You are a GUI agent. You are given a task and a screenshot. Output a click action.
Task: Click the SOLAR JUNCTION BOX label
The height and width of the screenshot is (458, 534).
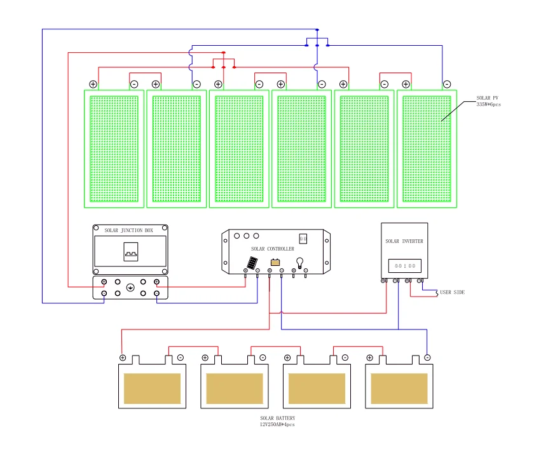(128, 230)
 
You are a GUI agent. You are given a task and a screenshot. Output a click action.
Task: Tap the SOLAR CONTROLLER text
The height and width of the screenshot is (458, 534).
(273, 249)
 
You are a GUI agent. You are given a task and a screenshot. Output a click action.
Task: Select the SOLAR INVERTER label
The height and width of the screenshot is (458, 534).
(404, 241)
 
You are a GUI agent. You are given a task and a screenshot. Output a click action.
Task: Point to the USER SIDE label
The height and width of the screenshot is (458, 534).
(452, 292)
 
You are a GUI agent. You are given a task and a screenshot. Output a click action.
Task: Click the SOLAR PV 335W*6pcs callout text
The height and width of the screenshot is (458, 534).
(488, 101)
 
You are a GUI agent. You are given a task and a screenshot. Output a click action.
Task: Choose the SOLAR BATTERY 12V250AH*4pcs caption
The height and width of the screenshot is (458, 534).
(278, 421)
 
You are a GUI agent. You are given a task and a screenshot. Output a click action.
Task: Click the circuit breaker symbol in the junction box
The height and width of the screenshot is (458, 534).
(131, 252)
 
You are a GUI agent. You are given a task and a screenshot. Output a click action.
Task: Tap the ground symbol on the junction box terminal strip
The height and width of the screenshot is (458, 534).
(130, 288)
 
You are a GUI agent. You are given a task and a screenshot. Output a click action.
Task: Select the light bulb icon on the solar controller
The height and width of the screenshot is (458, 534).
(299, 263)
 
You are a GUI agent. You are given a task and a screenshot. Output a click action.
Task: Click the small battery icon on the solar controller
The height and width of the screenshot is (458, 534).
(275, 262)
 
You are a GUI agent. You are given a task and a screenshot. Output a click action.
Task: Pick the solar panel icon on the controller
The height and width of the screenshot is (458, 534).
(252, 263)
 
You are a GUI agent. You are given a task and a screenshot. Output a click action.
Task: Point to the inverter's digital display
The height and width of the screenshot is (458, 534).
(405, 266)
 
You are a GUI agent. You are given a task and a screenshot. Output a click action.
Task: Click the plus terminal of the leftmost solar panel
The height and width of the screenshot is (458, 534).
(93, 84)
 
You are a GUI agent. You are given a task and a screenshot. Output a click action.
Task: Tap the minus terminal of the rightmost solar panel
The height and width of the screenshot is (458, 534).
(447, 84)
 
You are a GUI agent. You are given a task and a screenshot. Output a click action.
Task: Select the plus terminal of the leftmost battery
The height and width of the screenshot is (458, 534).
(123, 357)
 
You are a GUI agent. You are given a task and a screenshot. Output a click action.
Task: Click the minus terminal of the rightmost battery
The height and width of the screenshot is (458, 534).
(427, 357)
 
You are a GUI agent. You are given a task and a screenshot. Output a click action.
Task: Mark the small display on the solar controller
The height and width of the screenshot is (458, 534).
(303, 239)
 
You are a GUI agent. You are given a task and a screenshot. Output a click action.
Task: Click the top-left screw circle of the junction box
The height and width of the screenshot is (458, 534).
(96, 228)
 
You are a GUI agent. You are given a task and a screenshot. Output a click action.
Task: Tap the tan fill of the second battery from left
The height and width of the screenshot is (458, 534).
(235, 389)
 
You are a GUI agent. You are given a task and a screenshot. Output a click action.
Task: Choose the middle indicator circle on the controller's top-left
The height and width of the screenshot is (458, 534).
(247, 236)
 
